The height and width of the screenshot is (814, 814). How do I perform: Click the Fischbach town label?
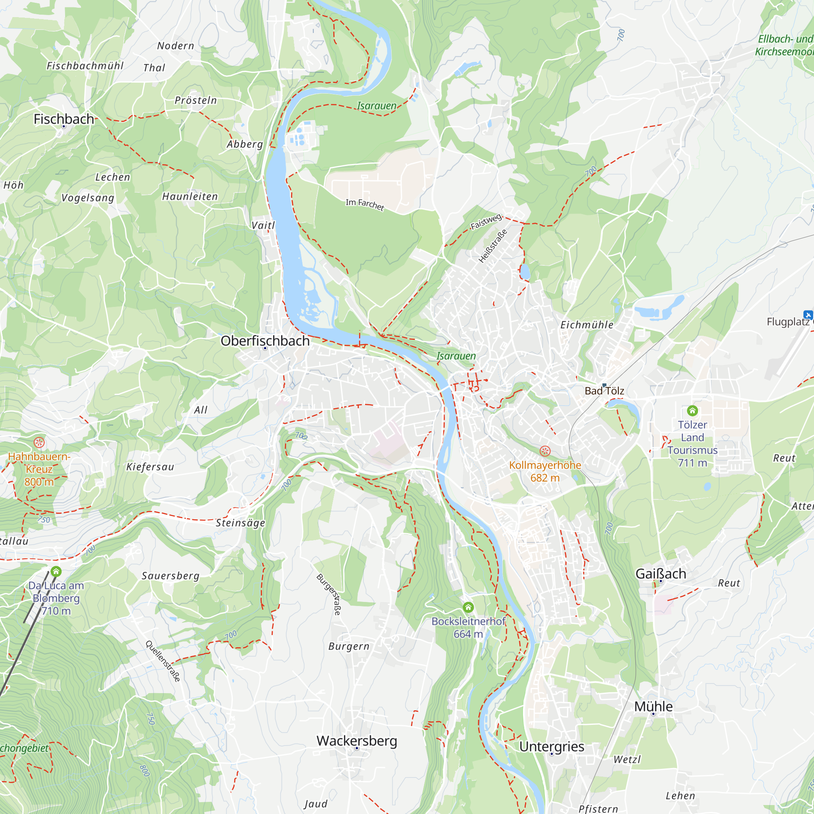(63, 119)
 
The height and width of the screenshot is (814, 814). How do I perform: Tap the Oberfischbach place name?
(265, 341)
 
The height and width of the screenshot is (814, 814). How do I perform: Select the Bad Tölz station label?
(604, 391)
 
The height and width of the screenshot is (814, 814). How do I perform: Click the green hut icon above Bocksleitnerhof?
(468, 607)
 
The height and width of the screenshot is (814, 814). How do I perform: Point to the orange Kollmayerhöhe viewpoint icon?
(545, 451)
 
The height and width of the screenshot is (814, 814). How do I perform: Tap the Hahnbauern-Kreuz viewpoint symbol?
(39, 442)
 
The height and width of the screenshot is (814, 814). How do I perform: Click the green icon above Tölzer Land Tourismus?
(692, 410)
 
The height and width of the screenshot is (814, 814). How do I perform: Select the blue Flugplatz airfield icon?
(807, 315)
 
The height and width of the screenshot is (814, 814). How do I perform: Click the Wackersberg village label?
(357, 741)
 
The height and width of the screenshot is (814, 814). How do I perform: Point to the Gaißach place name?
(660, 574)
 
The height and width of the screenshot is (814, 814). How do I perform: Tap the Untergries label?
(551, 746)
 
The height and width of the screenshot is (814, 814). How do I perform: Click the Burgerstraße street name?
(328, 595)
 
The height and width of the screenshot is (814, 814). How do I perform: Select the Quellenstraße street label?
(163, 661)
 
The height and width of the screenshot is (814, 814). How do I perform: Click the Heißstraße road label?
(492, 246)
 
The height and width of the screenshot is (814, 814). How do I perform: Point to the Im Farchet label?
(364, 204)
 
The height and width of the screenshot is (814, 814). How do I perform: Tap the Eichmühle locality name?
(586, 325)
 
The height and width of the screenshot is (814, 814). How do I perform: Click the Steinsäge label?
(240, 523)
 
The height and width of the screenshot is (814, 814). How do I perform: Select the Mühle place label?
(653, 707)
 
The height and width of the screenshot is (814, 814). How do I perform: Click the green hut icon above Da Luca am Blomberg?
(56, 571)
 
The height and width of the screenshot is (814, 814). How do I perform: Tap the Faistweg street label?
(486, 222)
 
